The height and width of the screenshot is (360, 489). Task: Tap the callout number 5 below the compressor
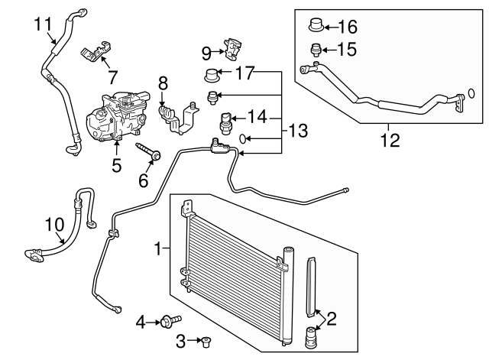pos(116,164)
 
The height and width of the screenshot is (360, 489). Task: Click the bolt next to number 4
pos(170,322)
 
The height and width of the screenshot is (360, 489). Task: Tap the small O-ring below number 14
pos(242,139)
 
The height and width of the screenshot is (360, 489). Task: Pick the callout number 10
pos(55,225)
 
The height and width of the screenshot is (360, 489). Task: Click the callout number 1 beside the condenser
pos(158,248)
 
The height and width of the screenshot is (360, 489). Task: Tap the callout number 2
pos(332,317)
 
